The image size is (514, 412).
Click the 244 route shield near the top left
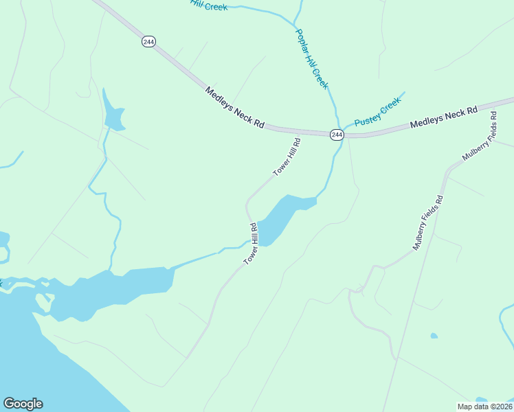point(149,42)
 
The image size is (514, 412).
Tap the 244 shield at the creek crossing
point(336,135)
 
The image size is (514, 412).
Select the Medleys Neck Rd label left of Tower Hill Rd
point(234,107)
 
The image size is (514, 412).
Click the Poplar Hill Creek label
point(312,58)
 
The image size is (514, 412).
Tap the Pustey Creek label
point(377,113)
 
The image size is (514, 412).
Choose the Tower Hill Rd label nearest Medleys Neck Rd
point(287,158)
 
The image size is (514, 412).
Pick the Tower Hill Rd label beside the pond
point(251,244)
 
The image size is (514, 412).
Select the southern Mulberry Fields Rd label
point(428,223)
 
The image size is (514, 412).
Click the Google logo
point(23,404)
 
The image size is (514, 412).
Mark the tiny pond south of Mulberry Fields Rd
point(434,336)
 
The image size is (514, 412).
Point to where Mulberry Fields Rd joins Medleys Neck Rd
point(496,106)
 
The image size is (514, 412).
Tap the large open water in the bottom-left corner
point(34,357)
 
